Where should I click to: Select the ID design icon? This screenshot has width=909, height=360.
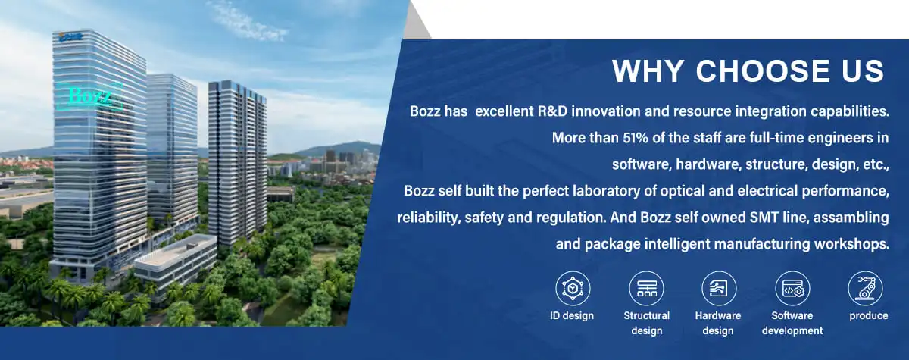click(x=573, y=288)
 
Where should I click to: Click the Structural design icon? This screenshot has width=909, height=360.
click(x=646, y=288)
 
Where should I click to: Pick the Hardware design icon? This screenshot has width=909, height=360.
click(x=719, y=288)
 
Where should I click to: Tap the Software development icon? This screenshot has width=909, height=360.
click(x=792, y=288)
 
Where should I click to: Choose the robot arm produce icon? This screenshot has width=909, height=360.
click(x=865, y=288)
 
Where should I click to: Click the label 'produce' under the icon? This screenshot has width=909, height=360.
click(x=868, y=316)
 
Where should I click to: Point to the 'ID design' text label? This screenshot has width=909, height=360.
click(x=572, y=316)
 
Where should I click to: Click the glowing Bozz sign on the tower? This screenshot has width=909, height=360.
click(x=89, y=96)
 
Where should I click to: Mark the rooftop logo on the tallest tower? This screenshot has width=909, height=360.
click(x=70, y=36)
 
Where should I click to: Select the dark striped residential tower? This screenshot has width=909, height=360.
click(x=237, y=162)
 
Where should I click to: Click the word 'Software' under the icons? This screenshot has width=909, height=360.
click(x=792, y=316)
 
